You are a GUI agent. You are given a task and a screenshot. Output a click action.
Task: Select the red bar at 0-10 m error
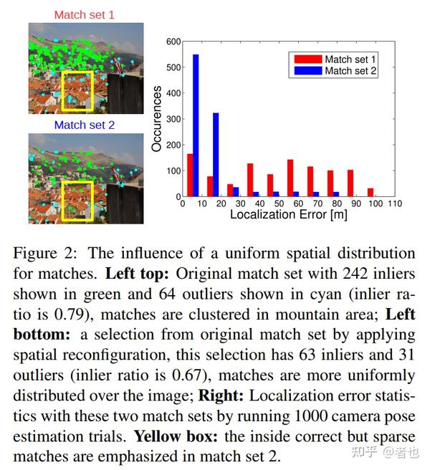(x=190, y=175)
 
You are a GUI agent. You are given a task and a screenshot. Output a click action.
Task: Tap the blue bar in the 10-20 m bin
(x=216, y=154)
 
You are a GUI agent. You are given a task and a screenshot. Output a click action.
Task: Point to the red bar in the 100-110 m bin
(x=371, y=192)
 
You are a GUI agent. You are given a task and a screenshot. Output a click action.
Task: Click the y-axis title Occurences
(x=156, y=118)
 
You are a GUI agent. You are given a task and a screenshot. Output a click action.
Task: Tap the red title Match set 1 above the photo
(x=85, y=14)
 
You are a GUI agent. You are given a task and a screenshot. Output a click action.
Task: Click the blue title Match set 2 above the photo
(x=85, y=125)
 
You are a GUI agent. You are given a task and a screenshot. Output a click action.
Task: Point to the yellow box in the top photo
(x=77, y=91)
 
